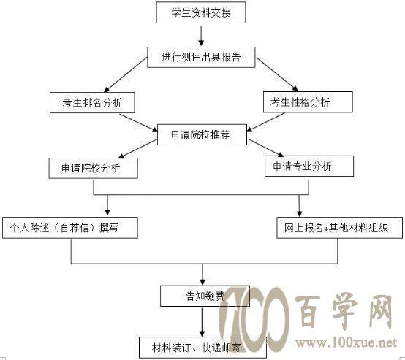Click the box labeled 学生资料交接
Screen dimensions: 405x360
201,12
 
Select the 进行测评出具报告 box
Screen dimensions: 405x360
201,57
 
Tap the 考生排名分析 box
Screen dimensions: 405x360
92,103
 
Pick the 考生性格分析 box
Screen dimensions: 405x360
308,102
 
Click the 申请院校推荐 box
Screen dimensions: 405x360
202,134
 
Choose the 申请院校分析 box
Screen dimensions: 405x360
94,168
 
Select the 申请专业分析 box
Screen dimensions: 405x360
309,166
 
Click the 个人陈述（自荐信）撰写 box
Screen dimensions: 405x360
70,228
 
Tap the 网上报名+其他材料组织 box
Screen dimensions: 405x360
340,228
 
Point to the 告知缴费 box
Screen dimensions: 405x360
205,296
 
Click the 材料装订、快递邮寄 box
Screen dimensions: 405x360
202,348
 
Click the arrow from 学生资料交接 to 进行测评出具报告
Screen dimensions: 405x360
201,35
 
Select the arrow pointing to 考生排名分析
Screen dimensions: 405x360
125,74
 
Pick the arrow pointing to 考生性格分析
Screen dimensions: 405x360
277,74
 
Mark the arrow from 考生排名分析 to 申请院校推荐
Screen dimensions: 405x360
139,123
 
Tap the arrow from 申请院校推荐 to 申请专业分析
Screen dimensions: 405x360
266,148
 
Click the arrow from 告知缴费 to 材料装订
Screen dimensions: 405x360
202,322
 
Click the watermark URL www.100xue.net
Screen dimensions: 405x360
346,343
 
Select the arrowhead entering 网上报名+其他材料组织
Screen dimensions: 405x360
299,214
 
